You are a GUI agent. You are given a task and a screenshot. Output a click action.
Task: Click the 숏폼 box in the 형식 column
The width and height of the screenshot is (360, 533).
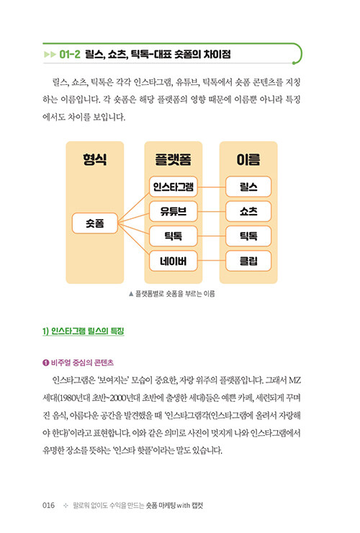(x=95, y=223)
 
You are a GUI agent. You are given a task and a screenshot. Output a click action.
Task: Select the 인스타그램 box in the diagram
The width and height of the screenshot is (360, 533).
(x=173, y=187)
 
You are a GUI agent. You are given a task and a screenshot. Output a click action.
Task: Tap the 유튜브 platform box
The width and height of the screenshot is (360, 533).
(x=173, y=212)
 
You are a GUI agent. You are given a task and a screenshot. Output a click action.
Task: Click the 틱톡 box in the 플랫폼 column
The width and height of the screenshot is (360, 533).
(x=173, y=236)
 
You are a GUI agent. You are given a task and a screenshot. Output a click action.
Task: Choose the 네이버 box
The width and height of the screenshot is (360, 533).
(x=173, y=261)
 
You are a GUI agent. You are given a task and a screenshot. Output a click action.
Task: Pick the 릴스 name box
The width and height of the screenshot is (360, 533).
(x=248, y=187)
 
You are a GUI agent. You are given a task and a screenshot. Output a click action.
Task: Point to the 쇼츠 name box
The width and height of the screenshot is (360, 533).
(x=248, y=212)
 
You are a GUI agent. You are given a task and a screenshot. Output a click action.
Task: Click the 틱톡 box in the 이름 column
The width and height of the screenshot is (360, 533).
(x=248, y=236)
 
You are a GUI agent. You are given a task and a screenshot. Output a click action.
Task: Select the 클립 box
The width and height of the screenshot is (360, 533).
(x=248, y=261)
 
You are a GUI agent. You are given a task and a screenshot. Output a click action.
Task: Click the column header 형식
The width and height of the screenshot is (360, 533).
(x=95, y=159)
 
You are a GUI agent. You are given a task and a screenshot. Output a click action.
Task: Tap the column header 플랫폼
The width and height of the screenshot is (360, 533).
(x=173, y=159)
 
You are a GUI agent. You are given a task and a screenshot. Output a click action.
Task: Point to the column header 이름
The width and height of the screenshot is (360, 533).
(x=248, y=159)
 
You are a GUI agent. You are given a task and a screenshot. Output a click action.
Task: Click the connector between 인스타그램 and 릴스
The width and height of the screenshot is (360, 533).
(x=212, y=187)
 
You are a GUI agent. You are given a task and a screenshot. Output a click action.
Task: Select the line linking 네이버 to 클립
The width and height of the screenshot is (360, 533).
(x=212, y=261)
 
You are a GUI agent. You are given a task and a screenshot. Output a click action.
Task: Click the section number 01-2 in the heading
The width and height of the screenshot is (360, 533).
(x=70, y=55)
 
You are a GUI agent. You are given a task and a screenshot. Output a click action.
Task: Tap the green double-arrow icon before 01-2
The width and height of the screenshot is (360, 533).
(x=50, y=55)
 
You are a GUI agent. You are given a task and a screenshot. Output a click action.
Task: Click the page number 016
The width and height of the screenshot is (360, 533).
(x=49, y=505)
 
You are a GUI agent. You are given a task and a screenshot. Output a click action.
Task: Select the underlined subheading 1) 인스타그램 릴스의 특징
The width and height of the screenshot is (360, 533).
(x=84, y=331)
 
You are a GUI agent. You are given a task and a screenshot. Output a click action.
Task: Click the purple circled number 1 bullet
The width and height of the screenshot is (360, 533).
(x=46, y=363)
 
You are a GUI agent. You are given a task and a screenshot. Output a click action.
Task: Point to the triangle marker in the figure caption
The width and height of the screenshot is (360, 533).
(x=131, y=294)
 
